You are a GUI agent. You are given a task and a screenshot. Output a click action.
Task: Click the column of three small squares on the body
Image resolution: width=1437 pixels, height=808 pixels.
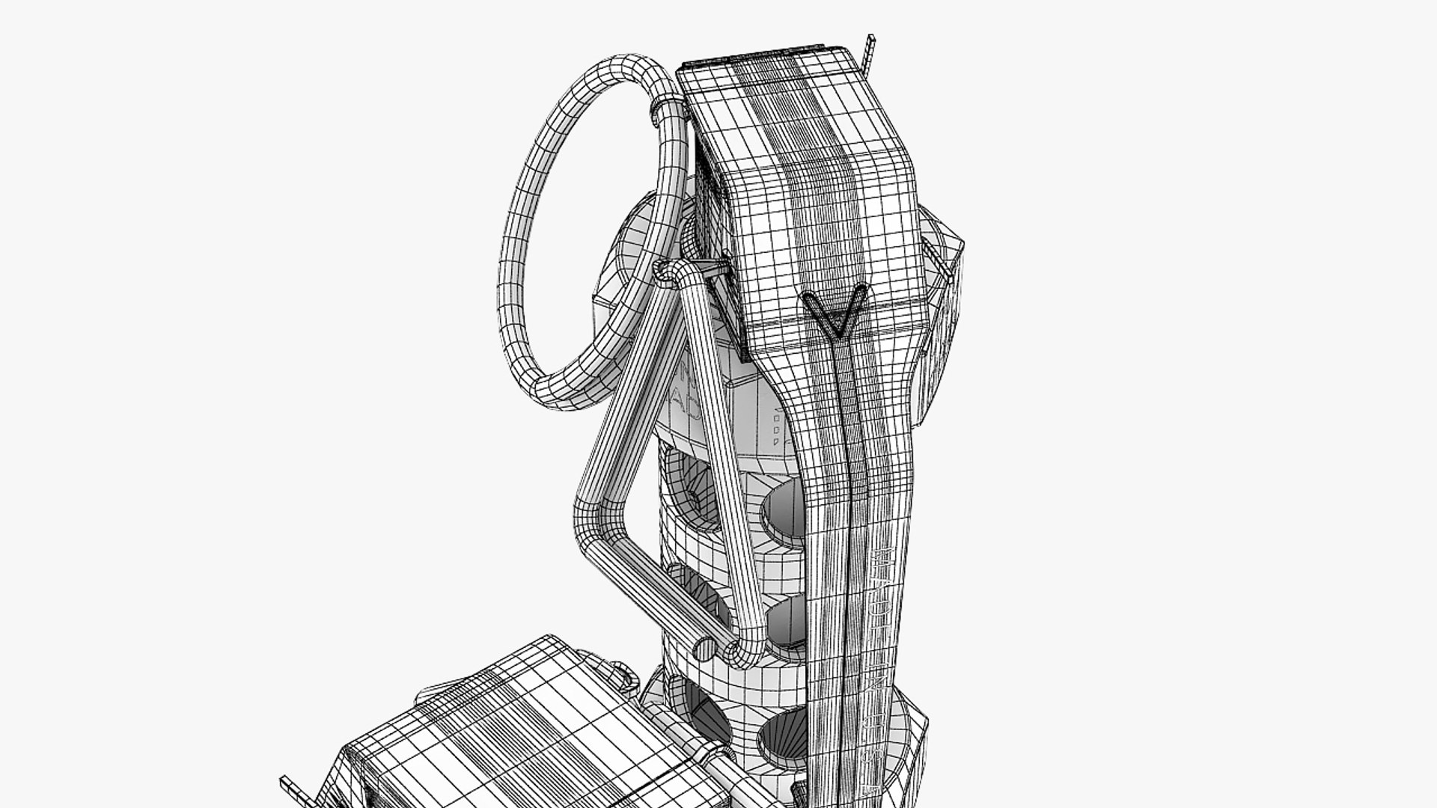coord(775,432)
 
